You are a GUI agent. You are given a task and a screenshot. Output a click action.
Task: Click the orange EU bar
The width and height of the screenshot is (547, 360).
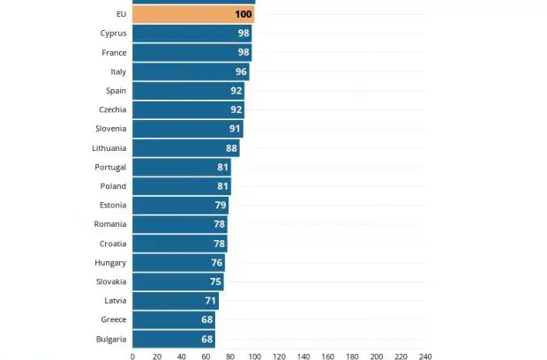point(193,14)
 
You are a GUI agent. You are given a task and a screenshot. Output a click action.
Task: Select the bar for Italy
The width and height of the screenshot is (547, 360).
point(191,71)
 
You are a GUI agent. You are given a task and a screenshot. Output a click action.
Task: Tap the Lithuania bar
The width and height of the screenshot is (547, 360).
point(186,148)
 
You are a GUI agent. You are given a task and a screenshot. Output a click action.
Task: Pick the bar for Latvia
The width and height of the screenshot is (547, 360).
point(176,301)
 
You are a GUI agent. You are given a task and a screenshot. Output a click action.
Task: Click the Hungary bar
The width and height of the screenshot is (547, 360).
point(178,263)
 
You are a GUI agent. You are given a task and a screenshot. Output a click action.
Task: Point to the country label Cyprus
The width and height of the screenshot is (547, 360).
point(114,34)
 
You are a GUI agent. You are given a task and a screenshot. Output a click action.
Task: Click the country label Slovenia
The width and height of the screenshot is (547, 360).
point(111,129)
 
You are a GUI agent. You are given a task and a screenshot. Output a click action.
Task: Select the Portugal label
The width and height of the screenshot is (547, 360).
point(110,168)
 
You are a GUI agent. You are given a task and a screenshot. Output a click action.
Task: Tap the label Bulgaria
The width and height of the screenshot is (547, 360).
point(111,340)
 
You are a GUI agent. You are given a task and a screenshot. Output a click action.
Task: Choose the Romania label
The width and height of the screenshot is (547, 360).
point(110,224)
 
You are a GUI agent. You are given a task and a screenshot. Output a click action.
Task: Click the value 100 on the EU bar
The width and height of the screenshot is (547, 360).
point(244,14)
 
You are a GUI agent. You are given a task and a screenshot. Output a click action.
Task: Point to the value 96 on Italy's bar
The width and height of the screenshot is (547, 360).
point(241,71)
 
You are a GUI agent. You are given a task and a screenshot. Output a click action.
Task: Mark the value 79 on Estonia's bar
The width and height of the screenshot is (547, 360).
point(221,205)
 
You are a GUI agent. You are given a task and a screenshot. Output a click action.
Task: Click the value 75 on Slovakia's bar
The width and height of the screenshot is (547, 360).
point(215,281)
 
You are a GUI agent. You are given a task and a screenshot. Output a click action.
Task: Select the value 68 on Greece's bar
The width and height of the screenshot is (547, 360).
point(207,319)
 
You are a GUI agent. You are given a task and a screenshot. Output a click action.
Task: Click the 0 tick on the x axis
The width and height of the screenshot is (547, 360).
point(132,356)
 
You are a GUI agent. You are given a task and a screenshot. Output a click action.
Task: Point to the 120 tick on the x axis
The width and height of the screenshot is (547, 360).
point(279,356)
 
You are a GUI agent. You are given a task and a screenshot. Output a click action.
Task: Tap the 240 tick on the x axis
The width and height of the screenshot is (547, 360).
point(425,356)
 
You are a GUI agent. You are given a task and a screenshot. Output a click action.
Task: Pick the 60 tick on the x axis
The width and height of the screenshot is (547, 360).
point(206,356)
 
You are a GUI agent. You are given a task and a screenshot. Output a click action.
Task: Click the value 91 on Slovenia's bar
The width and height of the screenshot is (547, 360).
point(235,129)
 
